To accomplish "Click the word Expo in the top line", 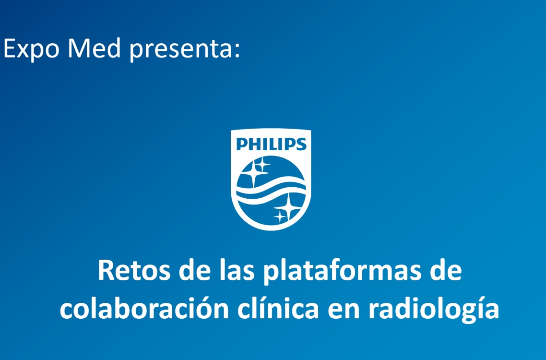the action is [31, 48].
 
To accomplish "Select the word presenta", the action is [180, 50].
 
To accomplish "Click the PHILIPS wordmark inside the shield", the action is [271, 144].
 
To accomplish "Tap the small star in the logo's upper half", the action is [262, 165].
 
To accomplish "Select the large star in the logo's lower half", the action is [288, 207].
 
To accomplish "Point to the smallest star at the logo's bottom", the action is [280, 216].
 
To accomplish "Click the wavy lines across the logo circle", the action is [271, 190].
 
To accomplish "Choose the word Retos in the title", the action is [134, 270].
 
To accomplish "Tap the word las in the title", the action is [237, 270].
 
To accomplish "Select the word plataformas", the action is [342, 272].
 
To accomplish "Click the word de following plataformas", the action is [446, 270].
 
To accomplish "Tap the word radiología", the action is [434, 310].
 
